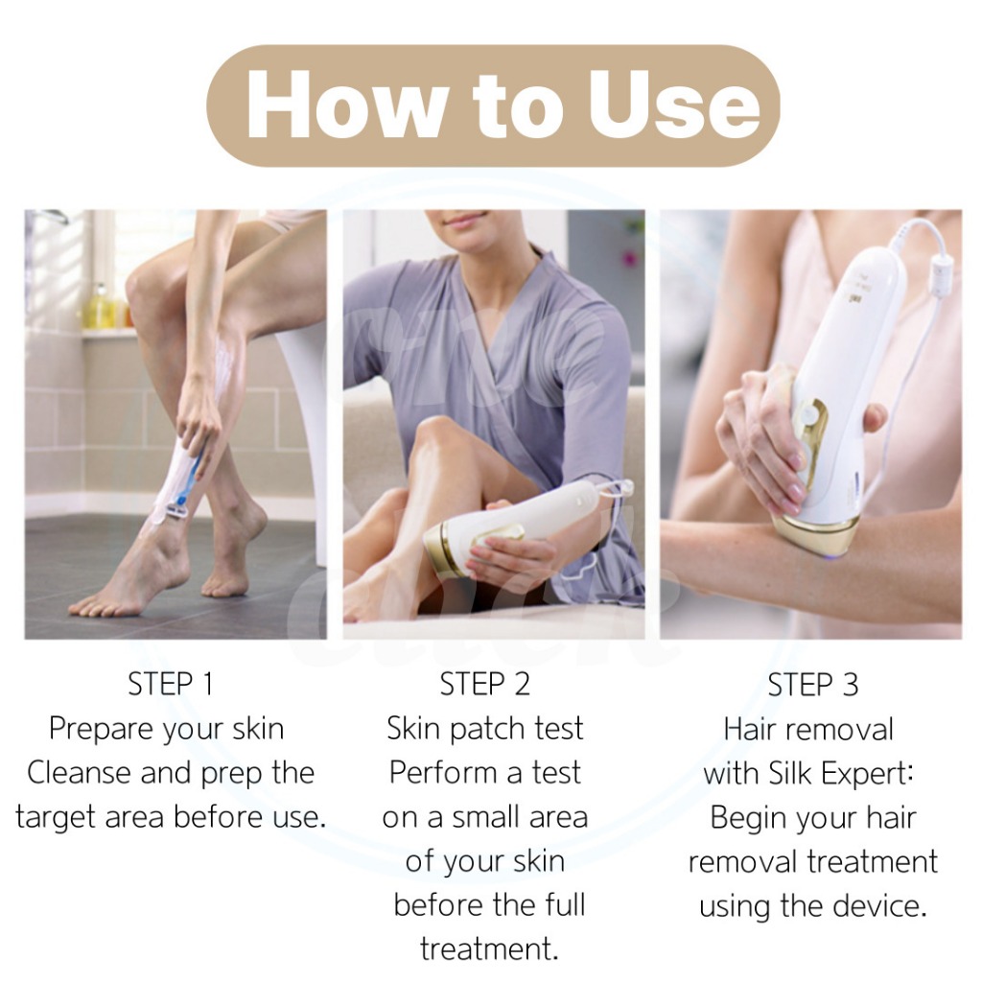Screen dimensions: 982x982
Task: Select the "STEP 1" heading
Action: tap(171, 684)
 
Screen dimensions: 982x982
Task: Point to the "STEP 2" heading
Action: tap(484, 684)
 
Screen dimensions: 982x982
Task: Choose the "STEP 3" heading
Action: tap(813, 684)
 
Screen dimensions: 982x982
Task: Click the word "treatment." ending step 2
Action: tap(488, 949)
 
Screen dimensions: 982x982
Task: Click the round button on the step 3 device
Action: tap(811, 414)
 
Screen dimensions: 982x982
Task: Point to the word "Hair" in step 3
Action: tap(749, 730)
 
